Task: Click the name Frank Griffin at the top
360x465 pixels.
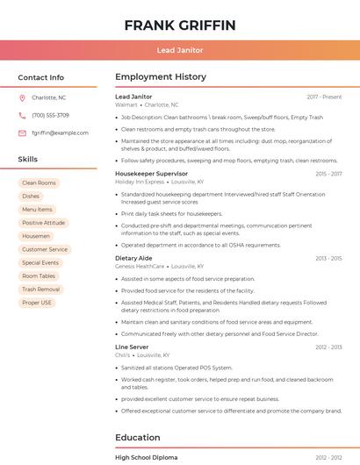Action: (x=180, y=25)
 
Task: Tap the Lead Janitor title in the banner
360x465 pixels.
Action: (x=180, y=50)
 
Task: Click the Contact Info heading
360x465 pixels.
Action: (x=41, y=77)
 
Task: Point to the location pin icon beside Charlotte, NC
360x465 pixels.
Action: (x=22, y=97)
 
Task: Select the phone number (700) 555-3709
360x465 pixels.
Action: (x=50, y=115)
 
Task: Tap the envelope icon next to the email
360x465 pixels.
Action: (x=22, y=132)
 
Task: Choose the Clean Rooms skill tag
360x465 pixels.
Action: (x=39, y=182)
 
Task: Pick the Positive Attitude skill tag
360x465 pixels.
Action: (x=43, y=223)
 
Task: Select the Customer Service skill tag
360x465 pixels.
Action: (x=44, y=249)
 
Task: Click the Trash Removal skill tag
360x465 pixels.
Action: (x=40, y=289)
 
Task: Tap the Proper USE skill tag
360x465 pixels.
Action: (x=37, y=303)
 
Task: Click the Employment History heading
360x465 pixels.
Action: (x=160, y=77)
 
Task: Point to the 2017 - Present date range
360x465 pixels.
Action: (x=324, y=97)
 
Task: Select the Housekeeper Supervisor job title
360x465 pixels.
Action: (x=151, y=174)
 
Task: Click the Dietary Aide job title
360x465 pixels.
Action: (x=133, y=258)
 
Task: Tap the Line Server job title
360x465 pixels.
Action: (x=132, y=347)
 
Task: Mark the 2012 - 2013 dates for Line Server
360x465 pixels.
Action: (x=329, y=347)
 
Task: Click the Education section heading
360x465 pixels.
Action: (x=138, y=437)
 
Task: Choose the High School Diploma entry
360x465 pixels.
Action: (x=146, y=458)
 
